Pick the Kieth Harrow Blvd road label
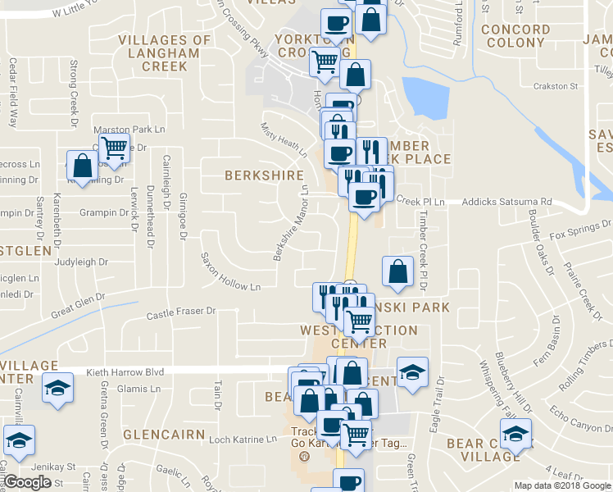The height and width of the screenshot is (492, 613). pos(125,371)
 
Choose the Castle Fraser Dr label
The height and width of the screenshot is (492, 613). pos(180,312)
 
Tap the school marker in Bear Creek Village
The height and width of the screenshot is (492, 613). pos(515,432)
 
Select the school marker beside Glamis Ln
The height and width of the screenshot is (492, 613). pos(57,386)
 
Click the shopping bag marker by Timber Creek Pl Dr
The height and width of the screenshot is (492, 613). pos(397,272)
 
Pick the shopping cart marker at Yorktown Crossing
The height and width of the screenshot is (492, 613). pos(325,60)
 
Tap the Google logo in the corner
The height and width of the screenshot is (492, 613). pos(27,482)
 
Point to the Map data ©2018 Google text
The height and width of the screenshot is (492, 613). pos(561,485)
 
